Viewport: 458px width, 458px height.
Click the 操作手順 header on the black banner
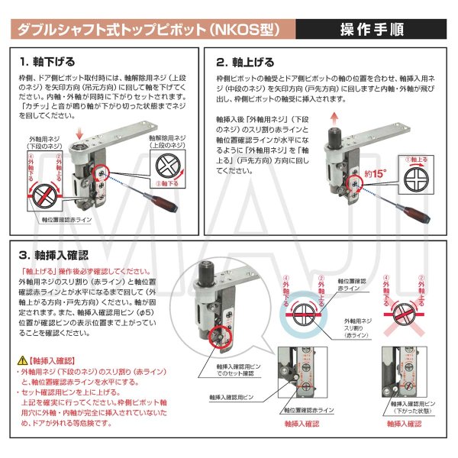coord(373,30)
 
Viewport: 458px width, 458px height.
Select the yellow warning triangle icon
coord(21,359)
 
